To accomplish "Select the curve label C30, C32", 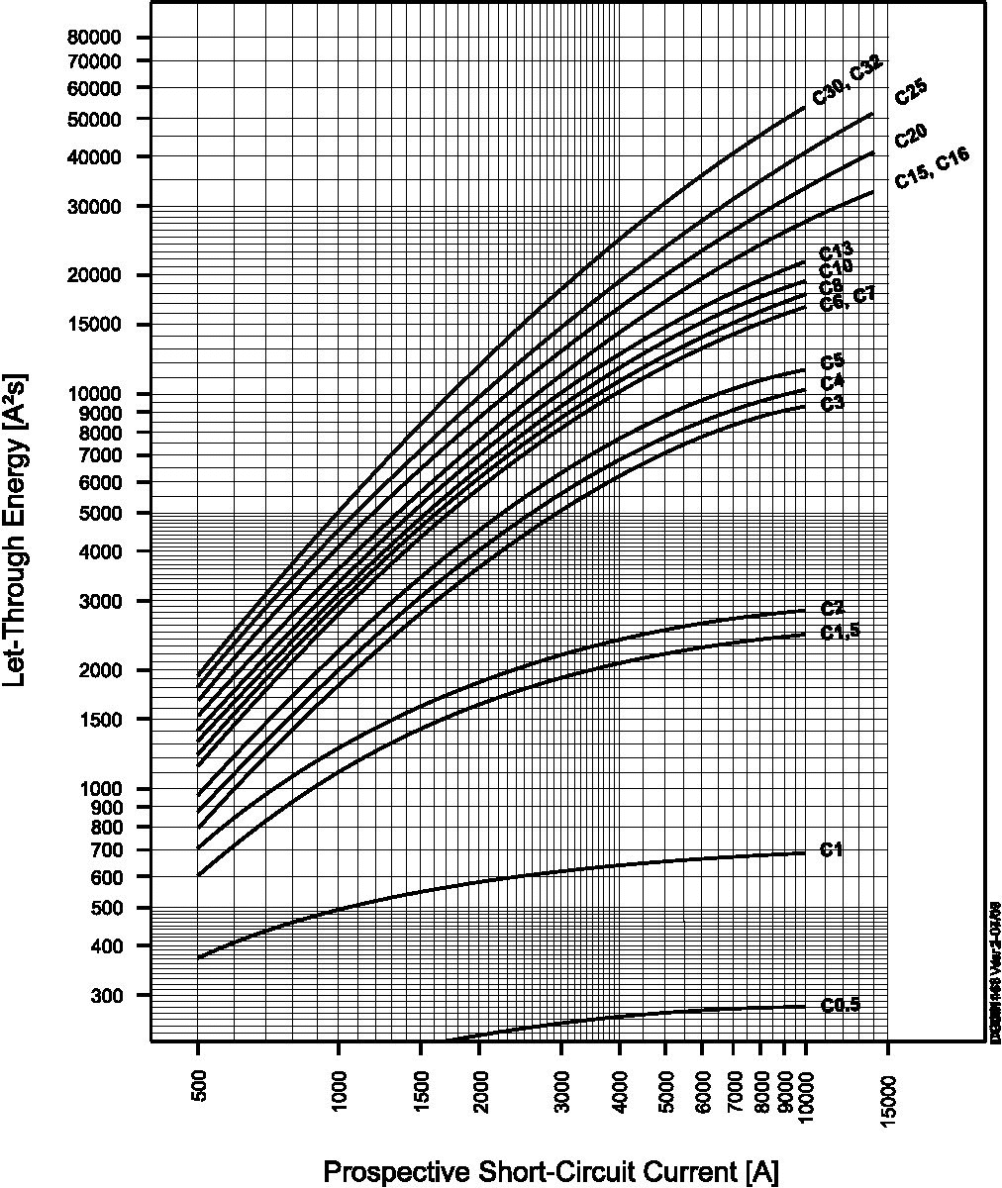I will pos(847,81).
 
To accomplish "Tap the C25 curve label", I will pos(911,92).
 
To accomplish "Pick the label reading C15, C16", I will pos(932,168).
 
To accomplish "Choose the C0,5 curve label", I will pos(841,1005).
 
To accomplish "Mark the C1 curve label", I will pos(831,849).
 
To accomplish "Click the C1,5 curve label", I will pos(841,633).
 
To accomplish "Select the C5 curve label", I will pos(832,362).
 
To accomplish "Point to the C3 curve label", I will pos(832,403).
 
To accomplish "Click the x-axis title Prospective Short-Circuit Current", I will pos(551,1172).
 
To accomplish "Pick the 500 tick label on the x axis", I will pos(198,1083).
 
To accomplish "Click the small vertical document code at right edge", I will pos(994,970).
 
